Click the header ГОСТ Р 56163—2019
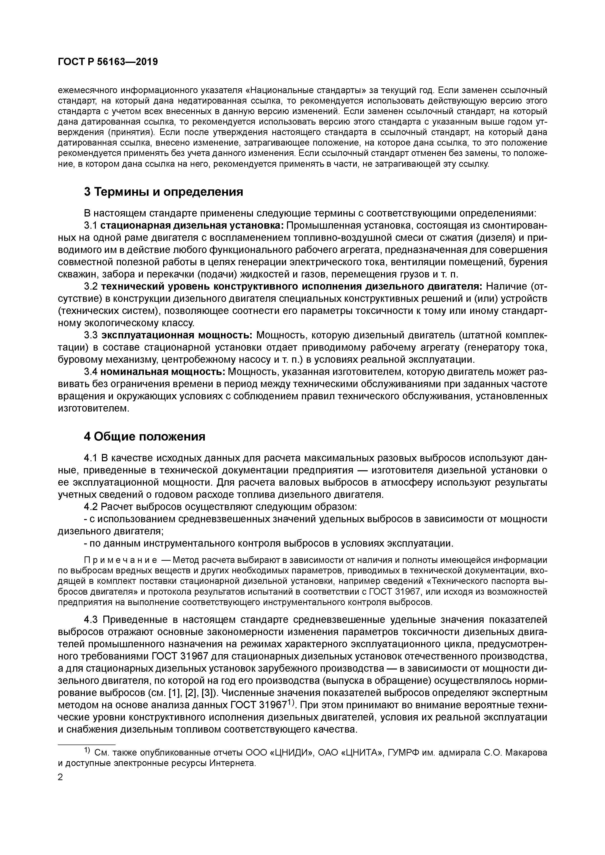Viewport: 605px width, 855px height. tap(108, 62)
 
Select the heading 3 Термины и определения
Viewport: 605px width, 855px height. tap(163, 192)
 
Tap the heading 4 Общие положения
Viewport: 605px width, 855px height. tap(145, 436)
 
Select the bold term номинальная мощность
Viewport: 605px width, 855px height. tap(163, 372)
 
